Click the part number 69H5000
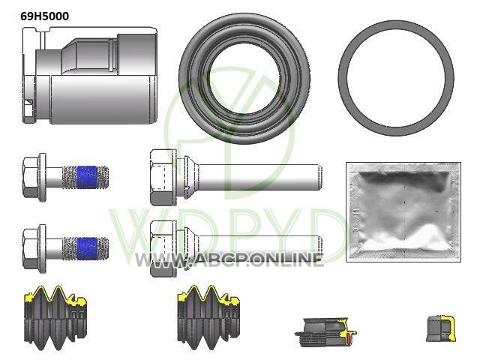click(45, 16)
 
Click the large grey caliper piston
click(90, 76)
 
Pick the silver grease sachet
click(403, 212)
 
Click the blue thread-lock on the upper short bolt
click(86, 177)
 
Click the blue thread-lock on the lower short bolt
click(86, 248)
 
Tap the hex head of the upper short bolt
click(31, 178)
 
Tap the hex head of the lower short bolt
click(31, 249)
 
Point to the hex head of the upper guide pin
click(161, 177)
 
